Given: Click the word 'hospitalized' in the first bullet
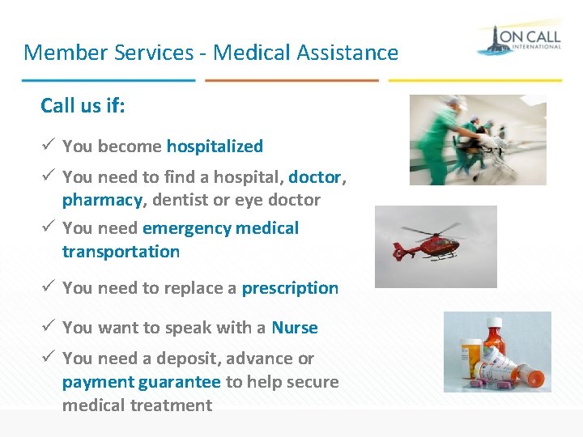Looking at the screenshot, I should tap(215, 146).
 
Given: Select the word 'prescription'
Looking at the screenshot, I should tap(290, 288).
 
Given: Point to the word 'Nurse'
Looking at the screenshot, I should tap(295, 328).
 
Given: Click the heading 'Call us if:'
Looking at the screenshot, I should tap(83, 106).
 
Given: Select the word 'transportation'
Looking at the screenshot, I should tap(121, 252).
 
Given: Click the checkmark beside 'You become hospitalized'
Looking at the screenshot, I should tap(48, 146).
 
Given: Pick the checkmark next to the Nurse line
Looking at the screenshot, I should tap(48, 327).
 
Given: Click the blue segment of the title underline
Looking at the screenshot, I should tap(109, 80).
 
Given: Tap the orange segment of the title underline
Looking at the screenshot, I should tap(291, 80).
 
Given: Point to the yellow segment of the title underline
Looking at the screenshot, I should tap(474, 80).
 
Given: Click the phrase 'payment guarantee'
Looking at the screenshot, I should tap(142, 382).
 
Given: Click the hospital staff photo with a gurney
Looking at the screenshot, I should tap(478, 139).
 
